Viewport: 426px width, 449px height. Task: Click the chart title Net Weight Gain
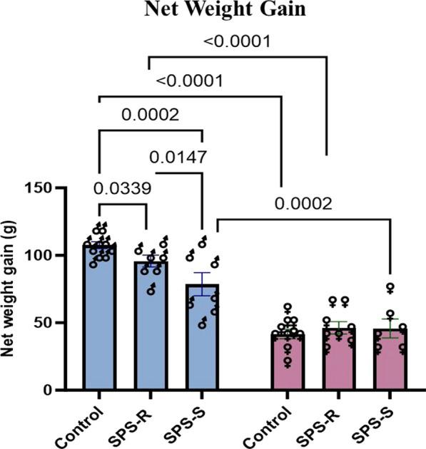point(212,11)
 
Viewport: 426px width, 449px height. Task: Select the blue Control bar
point(99,321)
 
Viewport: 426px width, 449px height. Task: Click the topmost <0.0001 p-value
point(235,43)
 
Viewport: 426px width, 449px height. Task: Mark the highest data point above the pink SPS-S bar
point(390,289)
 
